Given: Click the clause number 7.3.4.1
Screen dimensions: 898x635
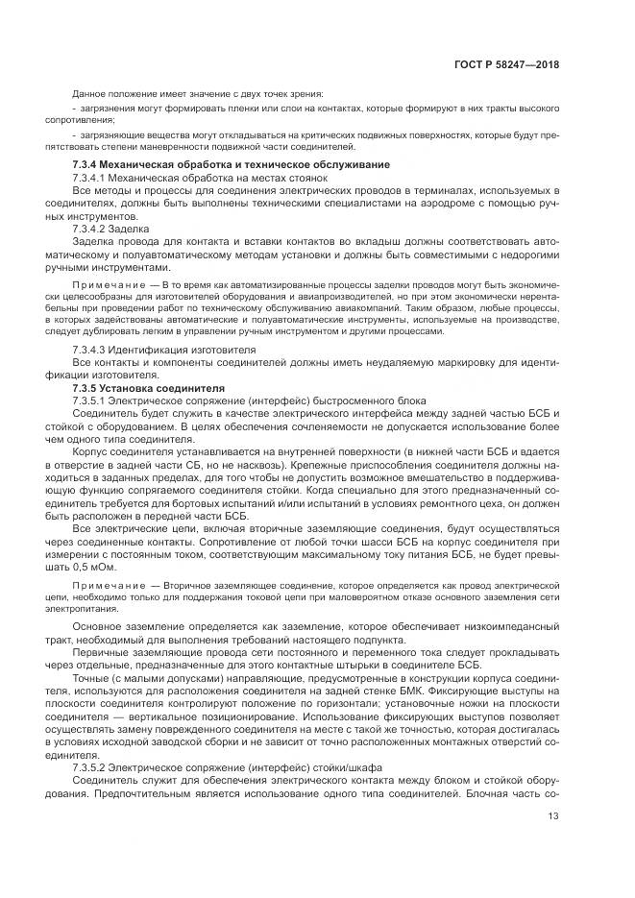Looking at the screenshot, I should pyautogui.click(x=93, y=179).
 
